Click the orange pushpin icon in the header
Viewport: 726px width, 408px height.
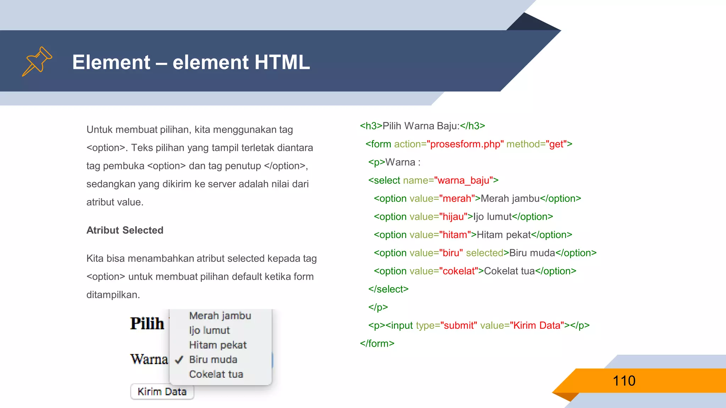(x=37, y=61)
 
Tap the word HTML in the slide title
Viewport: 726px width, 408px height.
(x=282, y=62)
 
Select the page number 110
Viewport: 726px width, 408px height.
(x=624, y=381)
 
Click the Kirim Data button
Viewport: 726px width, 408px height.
(x=162, y=391)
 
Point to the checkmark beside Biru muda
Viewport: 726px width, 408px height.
(x=179, y=360)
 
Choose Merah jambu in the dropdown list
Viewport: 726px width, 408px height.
(x=220, y=316)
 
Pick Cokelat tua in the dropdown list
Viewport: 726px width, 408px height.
(x=216, y=374)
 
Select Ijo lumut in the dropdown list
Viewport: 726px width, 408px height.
(x=210, y=330)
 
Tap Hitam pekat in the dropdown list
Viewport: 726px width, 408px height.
(x=218, y=345)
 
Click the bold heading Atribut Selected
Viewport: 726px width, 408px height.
(x=125, y=230)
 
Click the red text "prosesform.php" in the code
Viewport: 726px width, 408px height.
(x=465, y=144)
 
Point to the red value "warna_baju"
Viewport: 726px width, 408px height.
(x=463, y=181)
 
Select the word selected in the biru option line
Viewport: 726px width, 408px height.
(x=485, y=253)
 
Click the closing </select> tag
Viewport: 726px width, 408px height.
(x=388, y=289)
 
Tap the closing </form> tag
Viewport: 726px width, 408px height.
(x=377, y=344)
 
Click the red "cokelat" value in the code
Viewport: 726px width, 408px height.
(x=458, y=271)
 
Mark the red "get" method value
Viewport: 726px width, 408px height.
(x=556, y=144)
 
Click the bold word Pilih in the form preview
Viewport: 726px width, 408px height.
(x=147, y=323)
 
